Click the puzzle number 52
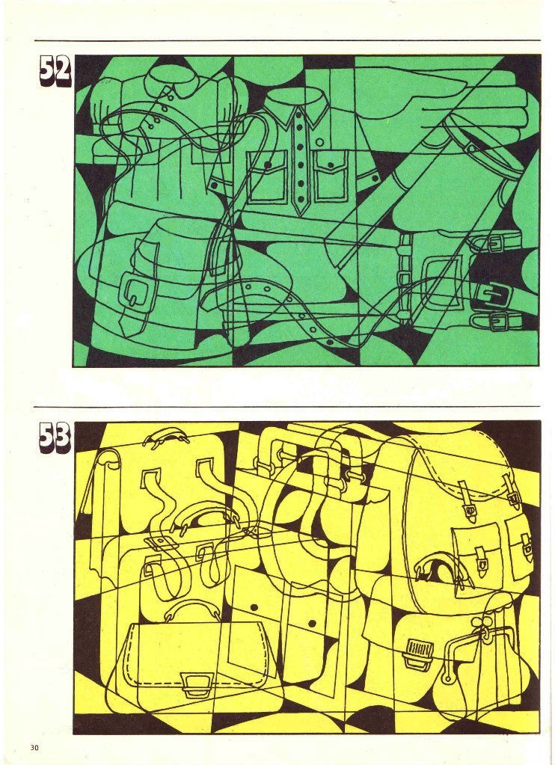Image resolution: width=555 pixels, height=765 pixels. pyautogui.click(x=55, y=72)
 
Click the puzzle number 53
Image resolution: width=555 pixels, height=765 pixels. pyautogui.click(x=55, y=438)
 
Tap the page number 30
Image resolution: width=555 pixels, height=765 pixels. pyautogui.click(x=34, y=748)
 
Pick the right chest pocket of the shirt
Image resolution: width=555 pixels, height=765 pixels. pyautogui.click(x=331, y=175)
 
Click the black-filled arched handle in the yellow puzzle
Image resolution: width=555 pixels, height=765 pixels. pyautogui.click(x=436, y=568)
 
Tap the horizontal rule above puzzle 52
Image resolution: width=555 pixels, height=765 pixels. pyautogui.click(x=287, y=40)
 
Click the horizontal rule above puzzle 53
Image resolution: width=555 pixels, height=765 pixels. pyautogui.click(x=287, y=406)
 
